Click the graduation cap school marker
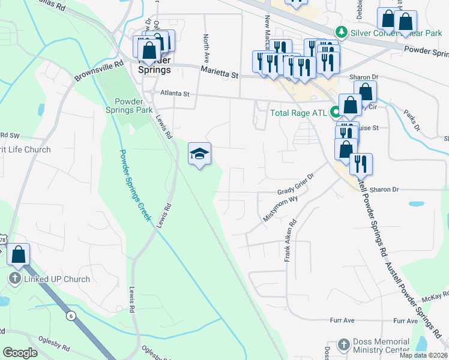coord(199,154)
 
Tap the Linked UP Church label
coord(56,279)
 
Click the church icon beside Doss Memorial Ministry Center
coord(343,344)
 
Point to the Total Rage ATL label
coord(299,112)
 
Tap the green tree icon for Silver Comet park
coord(342,31)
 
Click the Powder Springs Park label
coord(129,106)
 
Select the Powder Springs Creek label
coord(134,185)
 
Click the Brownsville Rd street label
coord(98,70)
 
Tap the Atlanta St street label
coord(175,94)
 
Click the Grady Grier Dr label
coord(296,190)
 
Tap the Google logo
coord(20,353)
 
